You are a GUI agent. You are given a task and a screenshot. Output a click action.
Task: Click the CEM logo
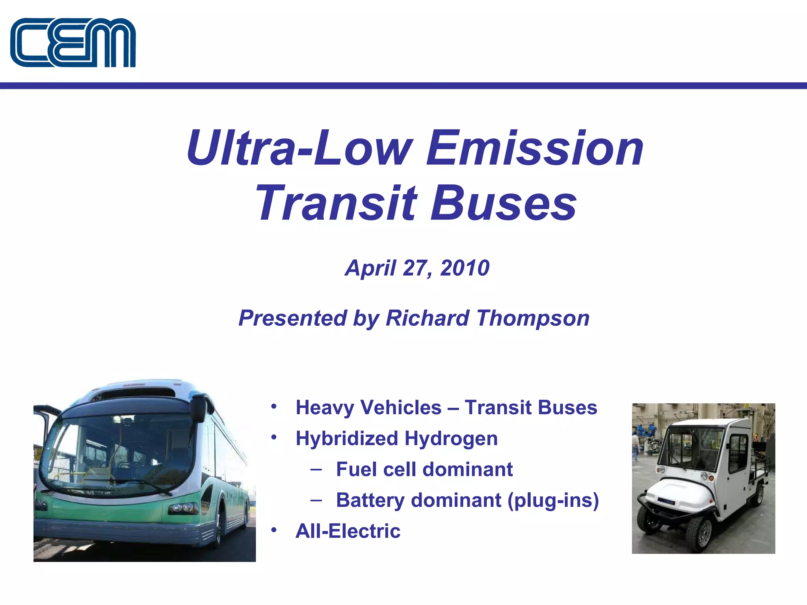click(x=73, y=43)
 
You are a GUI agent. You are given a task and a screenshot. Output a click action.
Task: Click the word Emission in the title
click(x=535, y=148)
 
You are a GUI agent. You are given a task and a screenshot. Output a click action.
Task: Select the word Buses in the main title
click(x=504, y=203)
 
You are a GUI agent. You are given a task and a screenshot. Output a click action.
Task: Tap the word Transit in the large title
click(x=336, y=203)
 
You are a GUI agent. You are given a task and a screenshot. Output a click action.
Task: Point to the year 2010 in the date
click(x=465, y=268)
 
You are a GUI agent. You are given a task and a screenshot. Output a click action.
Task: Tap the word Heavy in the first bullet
click(x=324, y=408)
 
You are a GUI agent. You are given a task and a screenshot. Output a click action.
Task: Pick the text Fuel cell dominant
click(x=424, y=470)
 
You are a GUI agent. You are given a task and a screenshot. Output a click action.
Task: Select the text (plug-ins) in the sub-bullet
click(x=553, y=501)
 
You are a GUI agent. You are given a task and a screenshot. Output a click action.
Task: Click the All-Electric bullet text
click(x=348, y=531)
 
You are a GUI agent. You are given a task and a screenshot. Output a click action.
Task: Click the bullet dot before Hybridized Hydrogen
click(x=274, y=437)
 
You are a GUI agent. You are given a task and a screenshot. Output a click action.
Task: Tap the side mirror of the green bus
click(x=198, y=407)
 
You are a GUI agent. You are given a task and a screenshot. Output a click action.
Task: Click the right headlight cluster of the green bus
click(x=184, y=508)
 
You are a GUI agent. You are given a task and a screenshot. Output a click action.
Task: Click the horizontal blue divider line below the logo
click(x=403, y=85)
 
